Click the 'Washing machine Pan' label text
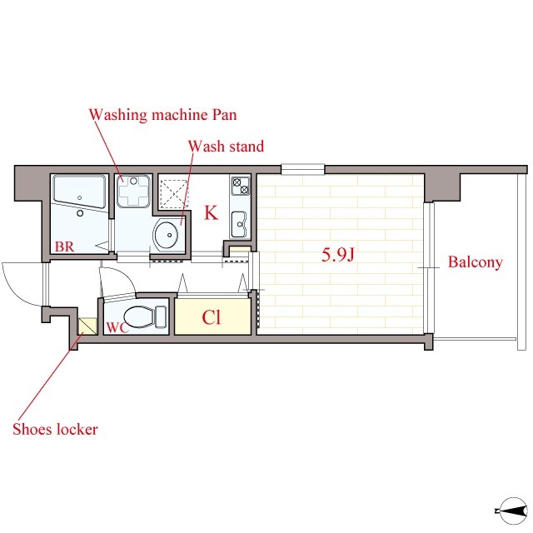(x=163, y=115)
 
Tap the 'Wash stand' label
(x=226, y=147)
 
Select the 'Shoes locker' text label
(x=55, y=430)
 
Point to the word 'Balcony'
(x=475, y=262)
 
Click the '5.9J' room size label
(x=338, y=255)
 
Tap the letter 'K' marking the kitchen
(x=211, y=213)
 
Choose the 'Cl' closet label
(x=211, y=317)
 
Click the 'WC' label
(x=117, y=327)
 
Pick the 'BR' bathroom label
(x=64, y=247)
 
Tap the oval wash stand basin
(x=166, y=234)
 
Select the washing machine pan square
(x=133, y=191)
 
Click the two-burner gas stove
(x=241, y=186)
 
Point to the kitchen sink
(x=239, y=224)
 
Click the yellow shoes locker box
(x=87, y=326)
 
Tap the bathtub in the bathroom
(x=80, y=192)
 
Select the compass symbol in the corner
(x=512, y=511)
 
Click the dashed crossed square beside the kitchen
(x=174, y=193)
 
